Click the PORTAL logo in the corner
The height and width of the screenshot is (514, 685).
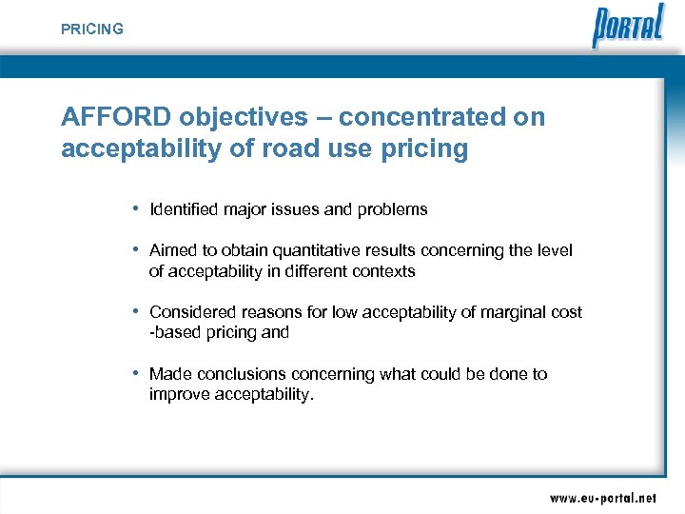[x=628, y=26]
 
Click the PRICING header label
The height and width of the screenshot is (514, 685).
[x=92, y=30]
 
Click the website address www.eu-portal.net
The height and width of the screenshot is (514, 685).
[x=602, y=497]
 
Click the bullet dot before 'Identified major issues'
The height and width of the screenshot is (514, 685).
[x=137, y=208]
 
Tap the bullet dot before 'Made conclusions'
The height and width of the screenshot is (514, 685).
[x=137, y=373]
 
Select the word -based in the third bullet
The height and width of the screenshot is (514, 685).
[x=172, y=333]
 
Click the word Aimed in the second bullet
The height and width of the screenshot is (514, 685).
[x=172, y=250]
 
